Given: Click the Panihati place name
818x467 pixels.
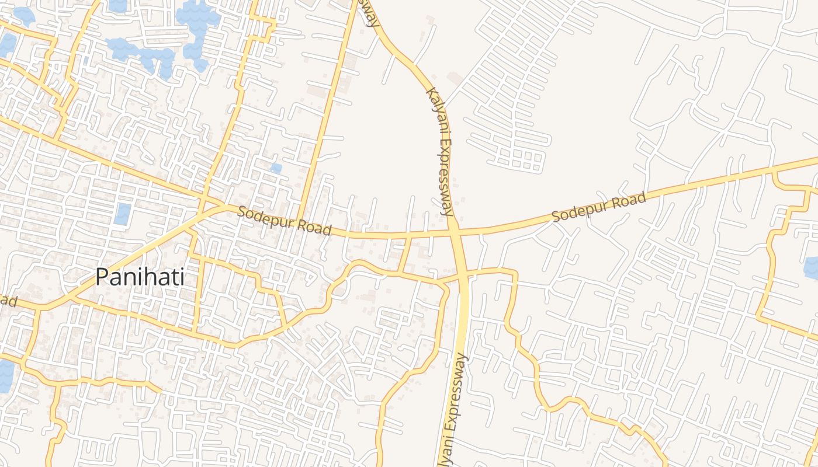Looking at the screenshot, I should [x=140, y=277].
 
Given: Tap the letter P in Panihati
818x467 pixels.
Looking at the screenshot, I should [x=102, y=277].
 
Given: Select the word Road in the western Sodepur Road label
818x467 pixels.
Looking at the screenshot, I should [x=316, y=227].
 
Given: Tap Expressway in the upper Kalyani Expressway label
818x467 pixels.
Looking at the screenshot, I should [x=445, y=175].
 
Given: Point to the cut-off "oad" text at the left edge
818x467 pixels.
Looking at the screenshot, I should [x=7, y=300].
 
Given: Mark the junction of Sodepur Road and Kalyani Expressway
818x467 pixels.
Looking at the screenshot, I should [x=454, y=232].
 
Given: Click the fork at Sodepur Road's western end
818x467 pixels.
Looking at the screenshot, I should [x=225, y=205].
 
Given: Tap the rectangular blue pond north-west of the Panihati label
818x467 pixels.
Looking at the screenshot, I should [x=122, y=214].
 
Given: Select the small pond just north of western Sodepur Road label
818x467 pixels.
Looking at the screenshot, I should [x=276, y=168].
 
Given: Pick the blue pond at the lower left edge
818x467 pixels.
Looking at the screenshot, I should [x=5, y=377].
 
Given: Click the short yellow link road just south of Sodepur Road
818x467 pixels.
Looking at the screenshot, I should [x=404, y=254].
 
